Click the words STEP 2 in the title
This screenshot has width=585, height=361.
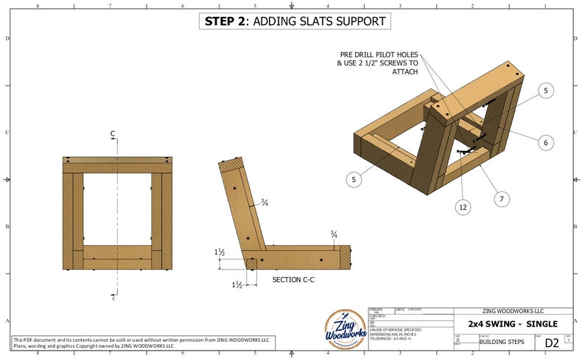pyautogui.click(x=225, y=21)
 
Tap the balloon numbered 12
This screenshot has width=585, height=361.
pyautogui.click(x=463, y=208)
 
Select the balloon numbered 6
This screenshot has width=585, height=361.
pyautogui.click(x=545, y=143)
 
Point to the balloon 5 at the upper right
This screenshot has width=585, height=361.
pyautogui.click(x=545, y=91)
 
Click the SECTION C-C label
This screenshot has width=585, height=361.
pyautogui.click(x=295, y=280)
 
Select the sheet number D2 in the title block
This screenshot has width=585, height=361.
pyautogui.click(x=551, y=342)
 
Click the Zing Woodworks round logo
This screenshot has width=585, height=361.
pyautogui.click(x=346, y=331)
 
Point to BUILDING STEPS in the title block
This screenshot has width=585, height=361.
pyautogui.click(x=501, y=342)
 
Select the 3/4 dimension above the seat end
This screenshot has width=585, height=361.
pyautogui.click(x=334, y=234)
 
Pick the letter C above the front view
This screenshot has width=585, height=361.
pyautogui.click(x=113, y=134)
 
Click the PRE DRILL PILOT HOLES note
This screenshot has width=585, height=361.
pyautogui.click(x=378, y=63)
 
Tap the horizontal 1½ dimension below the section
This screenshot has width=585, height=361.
pyautogui.click(x=237, y=284)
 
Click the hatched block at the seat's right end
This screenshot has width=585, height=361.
pyautogui.click(x=346, y=256)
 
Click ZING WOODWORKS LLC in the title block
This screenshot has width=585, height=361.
pyautogui.click(x=513, y=312)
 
